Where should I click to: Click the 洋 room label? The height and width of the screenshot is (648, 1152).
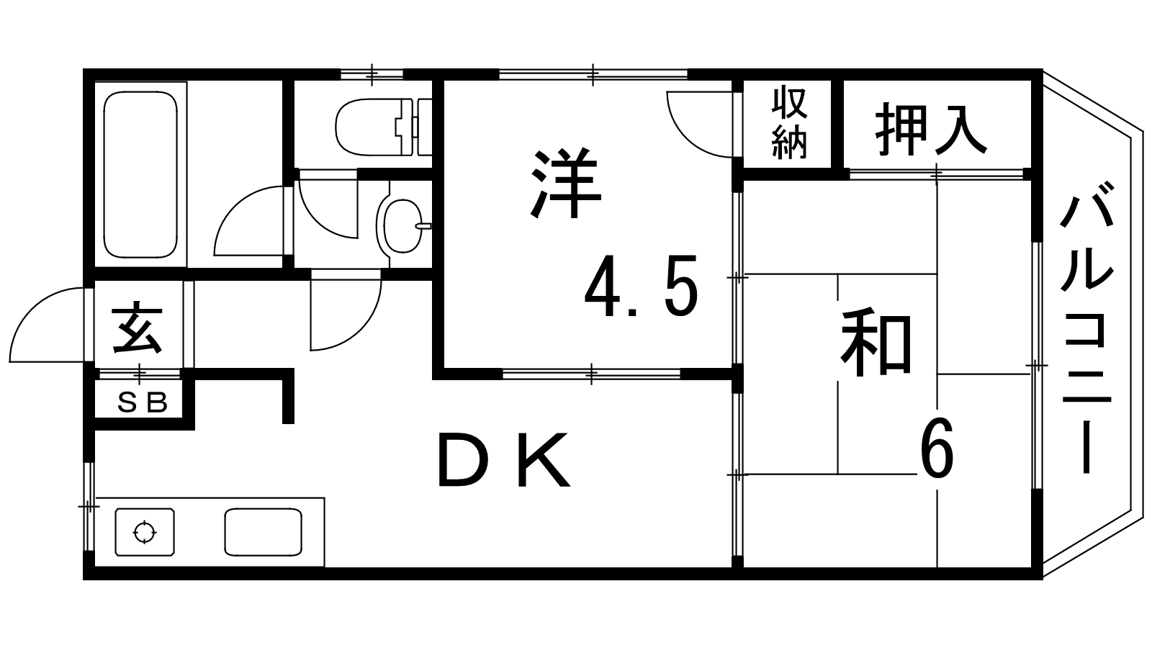pos(565,184)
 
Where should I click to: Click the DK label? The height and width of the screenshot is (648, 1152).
pos(504,460)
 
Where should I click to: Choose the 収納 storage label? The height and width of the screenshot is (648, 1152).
pos(789,123)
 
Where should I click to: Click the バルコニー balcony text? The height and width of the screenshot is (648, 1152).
pos(1088,328)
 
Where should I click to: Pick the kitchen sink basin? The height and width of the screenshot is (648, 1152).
pos(263,532)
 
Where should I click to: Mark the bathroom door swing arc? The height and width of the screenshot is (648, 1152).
pos(248,220)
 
